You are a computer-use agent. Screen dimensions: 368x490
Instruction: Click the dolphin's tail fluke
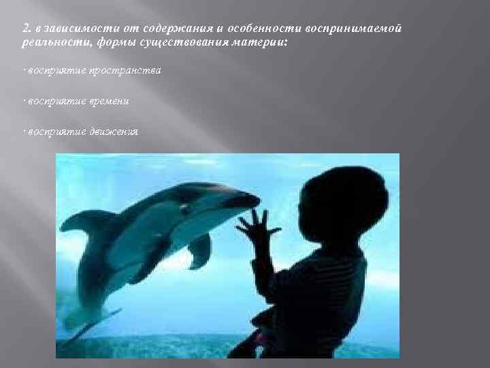(x=85, y=327)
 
